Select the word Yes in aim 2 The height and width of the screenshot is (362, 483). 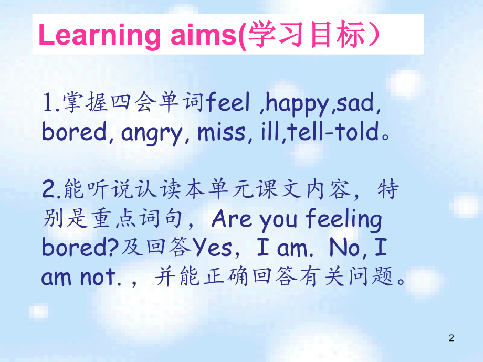point(212,249)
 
